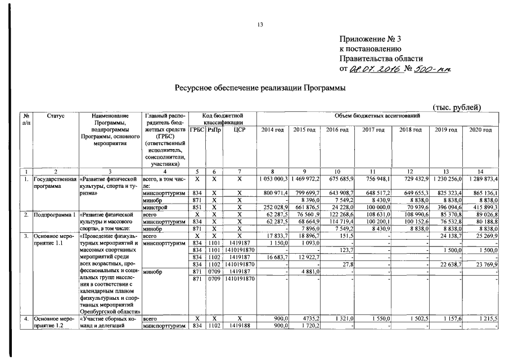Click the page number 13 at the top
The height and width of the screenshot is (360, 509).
click(x=260, y=25)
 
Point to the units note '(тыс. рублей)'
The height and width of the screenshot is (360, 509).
click(x=456, y=107)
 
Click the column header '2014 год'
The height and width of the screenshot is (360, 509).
click(x=273, y=130)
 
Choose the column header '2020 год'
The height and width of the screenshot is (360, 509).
click(x=480, y=130)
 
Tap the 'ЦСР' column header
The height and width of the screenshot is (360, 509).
click(x=239, y=130)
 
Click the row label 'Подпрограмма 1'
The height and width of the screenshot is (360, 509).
click(x=54, y=214)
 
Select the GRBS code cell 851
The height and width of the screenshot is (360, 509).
click(x=197, y=207)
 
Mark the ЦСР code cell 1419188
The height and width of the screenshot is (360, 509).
click(x=239, y=326)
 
